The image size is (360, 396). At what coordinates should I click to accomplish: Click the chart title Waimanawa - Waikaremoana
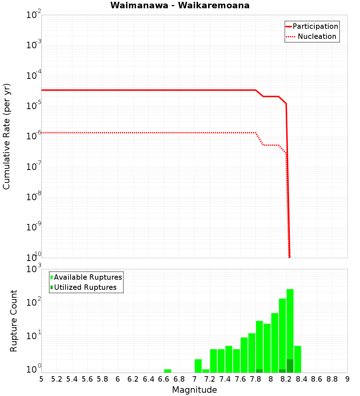pyautogui.click(x=180, y=5)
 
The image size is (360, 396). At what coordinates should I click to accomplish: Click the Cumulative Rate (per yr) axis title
pyautogui.click(x=6, y=136)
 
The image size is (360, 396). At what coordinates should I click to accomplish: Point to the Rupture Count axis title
pyautogui.click(x=14, y=320)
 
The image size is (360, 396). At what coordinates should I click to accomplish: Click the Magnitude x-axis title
pyautogui.click(x=194, y=390)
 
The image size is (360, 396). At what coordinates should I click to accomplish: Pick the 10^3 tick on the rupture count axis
pyautogui.click(x=35, y=269)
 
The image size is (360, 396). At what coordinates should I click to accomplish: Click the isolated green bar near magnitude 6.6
pyautogui.click(x=167, y=371)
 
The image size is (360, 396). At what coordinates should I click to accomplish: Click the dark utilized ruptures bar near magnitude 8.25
pyautogui.click(x=290, y=366)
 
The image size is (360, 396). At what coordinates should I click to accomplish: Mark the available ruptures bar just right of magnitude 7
pyautogui.click(x=198, y=366)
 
